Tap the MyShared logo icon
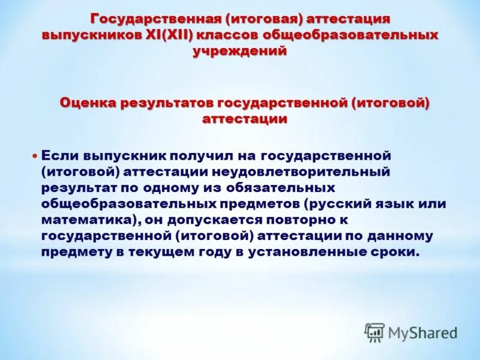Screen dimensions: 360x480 pyautogui.click(x=374, y=332)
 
